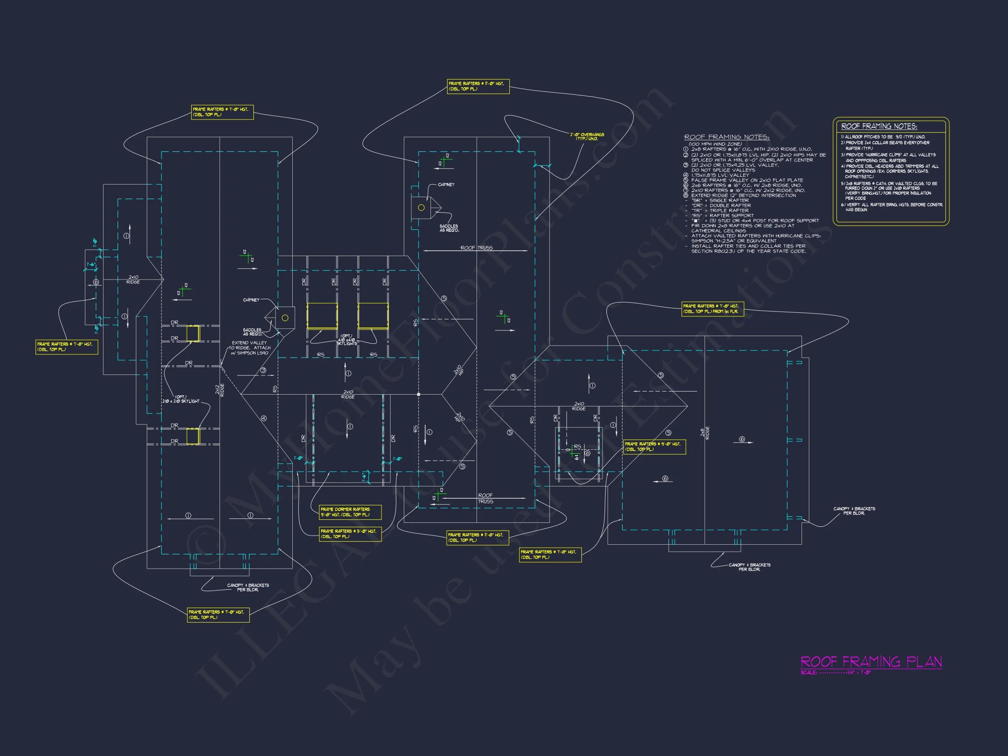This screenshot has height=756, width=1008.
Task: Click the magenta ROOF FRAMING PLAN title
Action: pos(871,661)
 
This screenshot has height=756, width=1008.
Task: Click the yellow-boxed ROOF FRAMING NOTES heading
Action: pos(879,126)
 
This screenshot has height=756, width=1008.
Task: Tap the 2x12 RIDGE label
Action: pos(220,390)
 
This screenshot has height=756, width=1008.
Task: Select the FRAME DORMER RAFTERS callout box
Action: pos(350,512)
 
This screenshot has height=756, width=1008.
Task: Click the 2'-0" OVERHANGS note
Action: pos(587,136)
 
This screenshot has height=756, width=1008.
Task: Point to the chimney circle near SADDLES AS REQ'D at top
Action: pos(421,208)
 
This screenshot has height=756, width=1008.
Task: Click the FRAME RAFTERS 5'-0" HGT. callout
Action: pos(350,534)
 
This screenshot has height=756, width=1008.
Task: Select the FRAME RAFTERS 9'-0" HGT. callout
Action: pos(654,447)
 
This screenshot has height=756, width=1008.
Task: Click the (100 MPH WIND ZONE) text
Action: pos(715,144)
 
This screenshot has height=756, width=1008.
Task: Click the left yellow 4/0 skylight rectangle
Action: pos(322,316)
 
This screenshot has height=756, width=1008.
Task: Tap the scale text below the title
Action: pos(835,672)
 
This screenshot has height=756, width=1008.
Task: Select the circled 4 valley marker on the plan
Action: pos(263,418)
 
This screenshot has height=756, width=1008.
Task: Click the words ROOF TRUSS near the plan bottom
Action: pos(485,498)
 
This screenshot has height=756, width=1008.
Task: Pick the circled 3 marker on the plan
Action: pos(263,371)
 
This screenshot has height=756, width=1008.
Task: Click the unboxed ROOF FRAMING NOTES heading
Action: pos(726,137)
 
